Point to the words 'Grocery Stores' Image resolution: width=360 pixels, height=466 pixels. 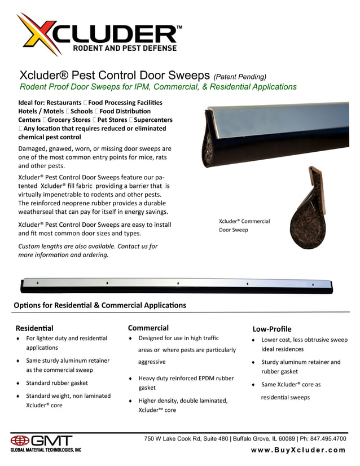(69, 120)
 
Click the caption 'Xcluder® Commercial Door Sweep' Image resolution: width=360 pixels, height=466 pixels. (244, 226)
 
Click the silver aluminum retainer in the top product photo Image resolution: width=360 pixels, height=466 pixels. (271, 121)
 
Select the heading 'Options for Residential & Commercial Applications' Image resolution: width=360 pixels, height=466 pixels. (99, 305)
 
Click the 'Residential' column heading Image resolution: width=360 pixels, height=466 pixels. (34, 328)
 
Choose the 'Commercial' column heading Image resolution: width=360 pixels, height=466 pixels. (148, 327)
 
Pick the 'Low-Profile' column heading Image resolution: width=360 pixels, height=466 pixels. (272, 329)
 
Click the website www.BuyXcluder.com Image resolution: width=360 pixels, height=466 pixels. (298, 450)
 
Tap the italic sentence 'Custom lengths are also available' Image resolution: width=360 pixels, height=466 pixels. (87, 247)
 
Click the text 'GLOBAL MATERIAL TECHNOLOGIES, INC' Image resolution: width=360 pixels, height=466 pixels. (46, 450)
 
